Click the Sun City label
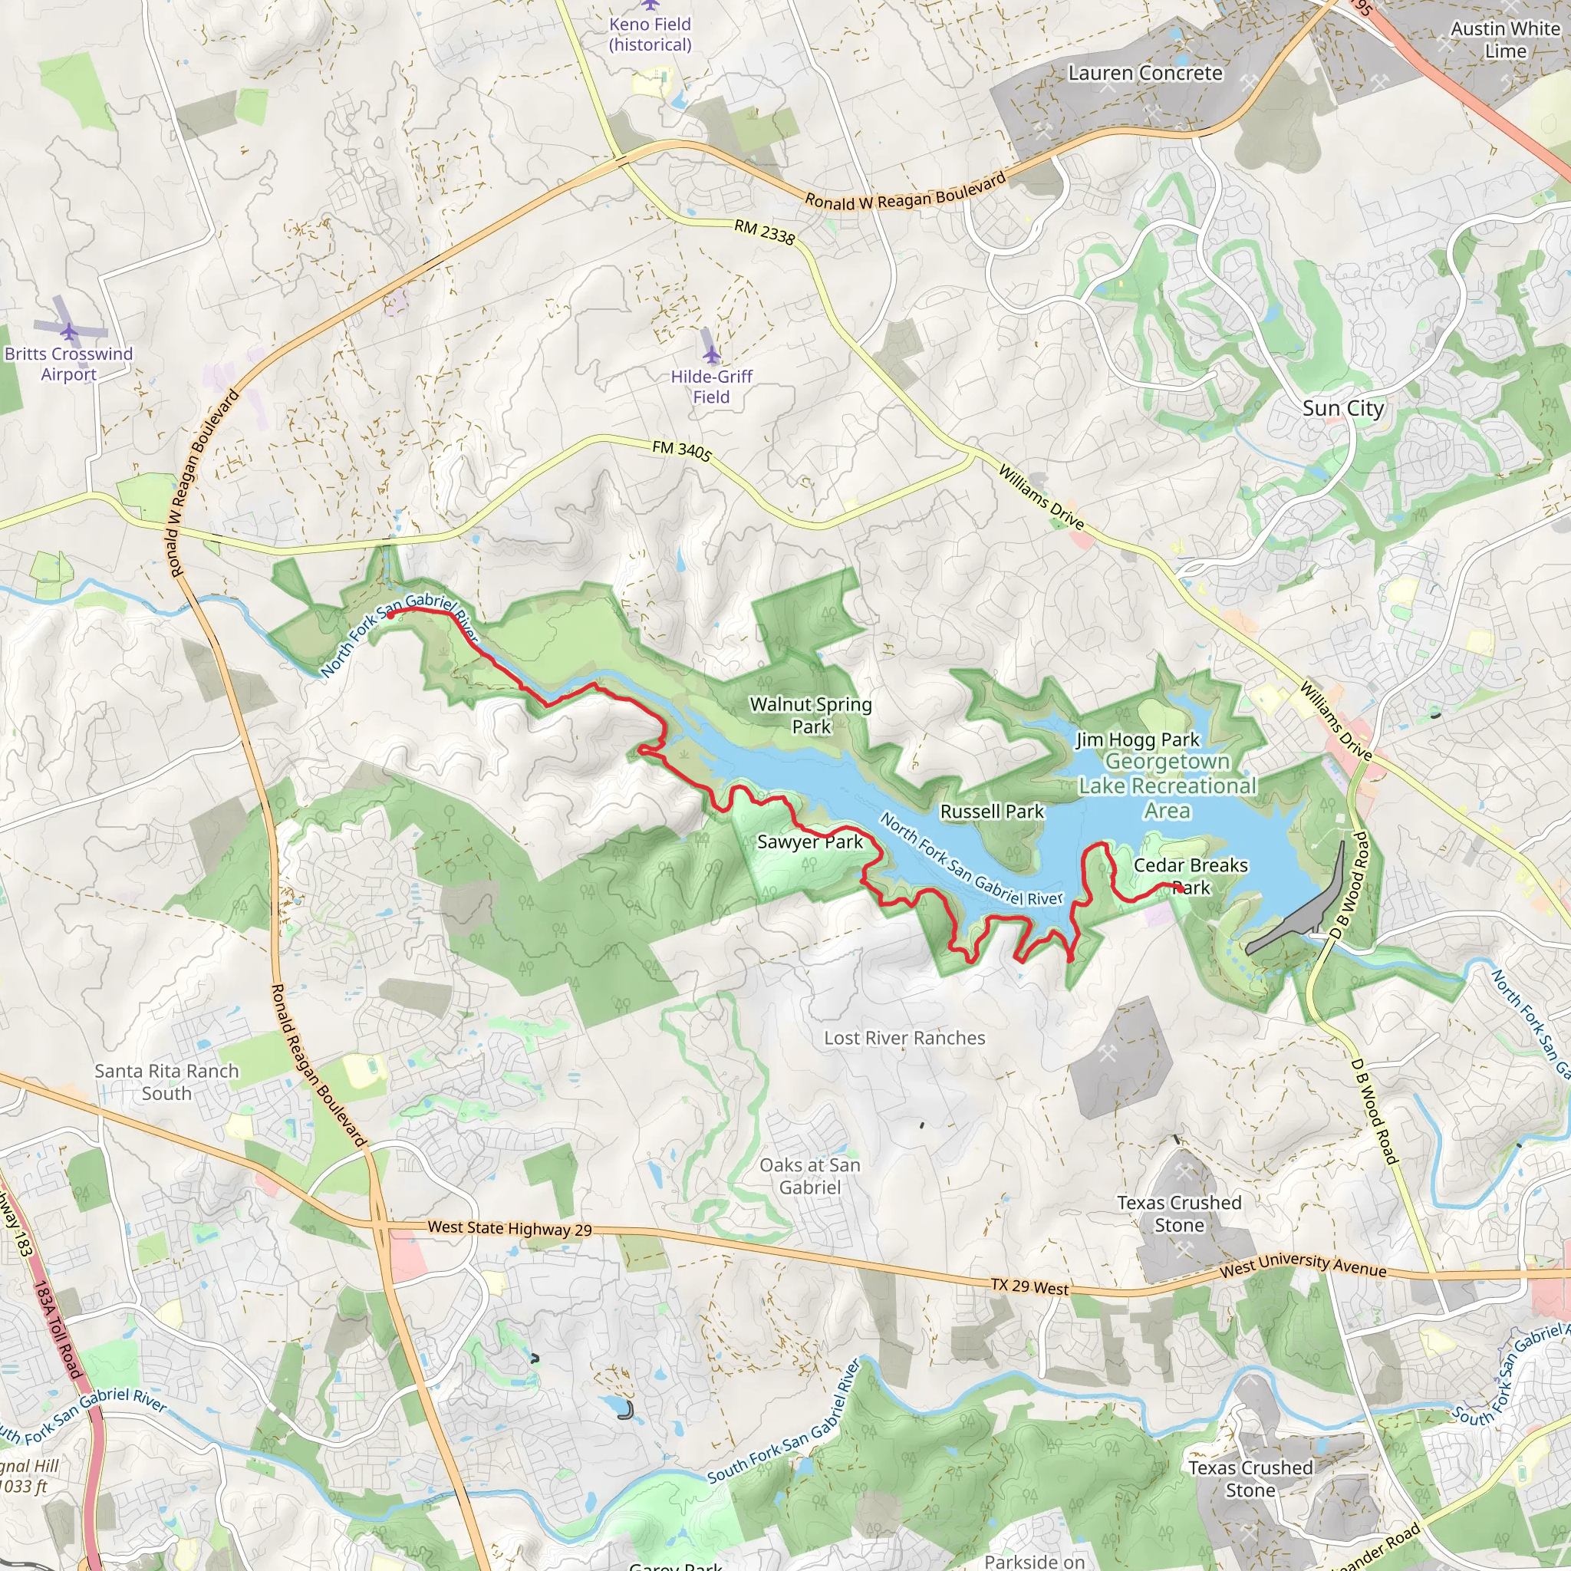pos(1342,408)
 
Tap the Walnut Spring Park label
pos(811,715)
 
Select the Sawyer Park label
pos(810,841)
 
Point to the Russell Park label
pos(992,811)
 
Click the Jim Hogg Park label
pos(1138,739)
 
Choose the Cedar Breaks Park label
pos(1191,876)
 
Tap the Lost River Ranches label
pos(904,1038)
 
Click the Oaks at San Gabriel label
pos(810,1176)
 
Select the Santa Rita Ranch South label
pos(166,1082)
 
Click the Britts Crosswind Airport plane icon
pos(69,331)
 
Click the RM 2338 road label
pos(764,232)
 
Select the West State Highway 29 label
pos(510,1228)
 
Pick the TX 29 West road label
pos(1029,1286)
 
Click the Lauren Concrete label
pos(1145,73)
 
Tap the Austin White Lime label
pos(1505,40)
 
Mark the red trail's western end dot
pos(390,614)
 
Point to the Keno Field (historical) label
pos(650,35)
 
